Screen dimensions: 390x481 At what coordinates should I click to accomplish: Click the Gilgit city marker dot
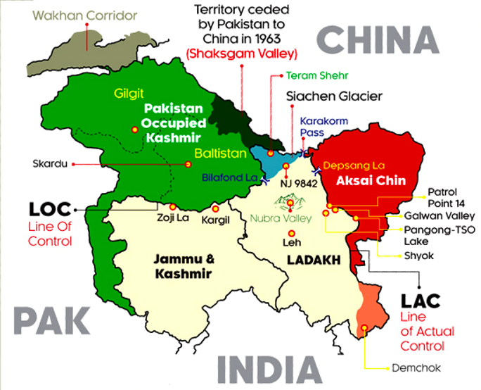(x=134, y=129)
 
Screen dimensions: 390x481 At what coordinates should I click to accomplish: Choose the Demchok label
(x=410, y=367)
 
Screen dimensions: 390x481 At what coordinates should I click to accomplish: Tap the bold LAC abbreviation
(x=421, y=301)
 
